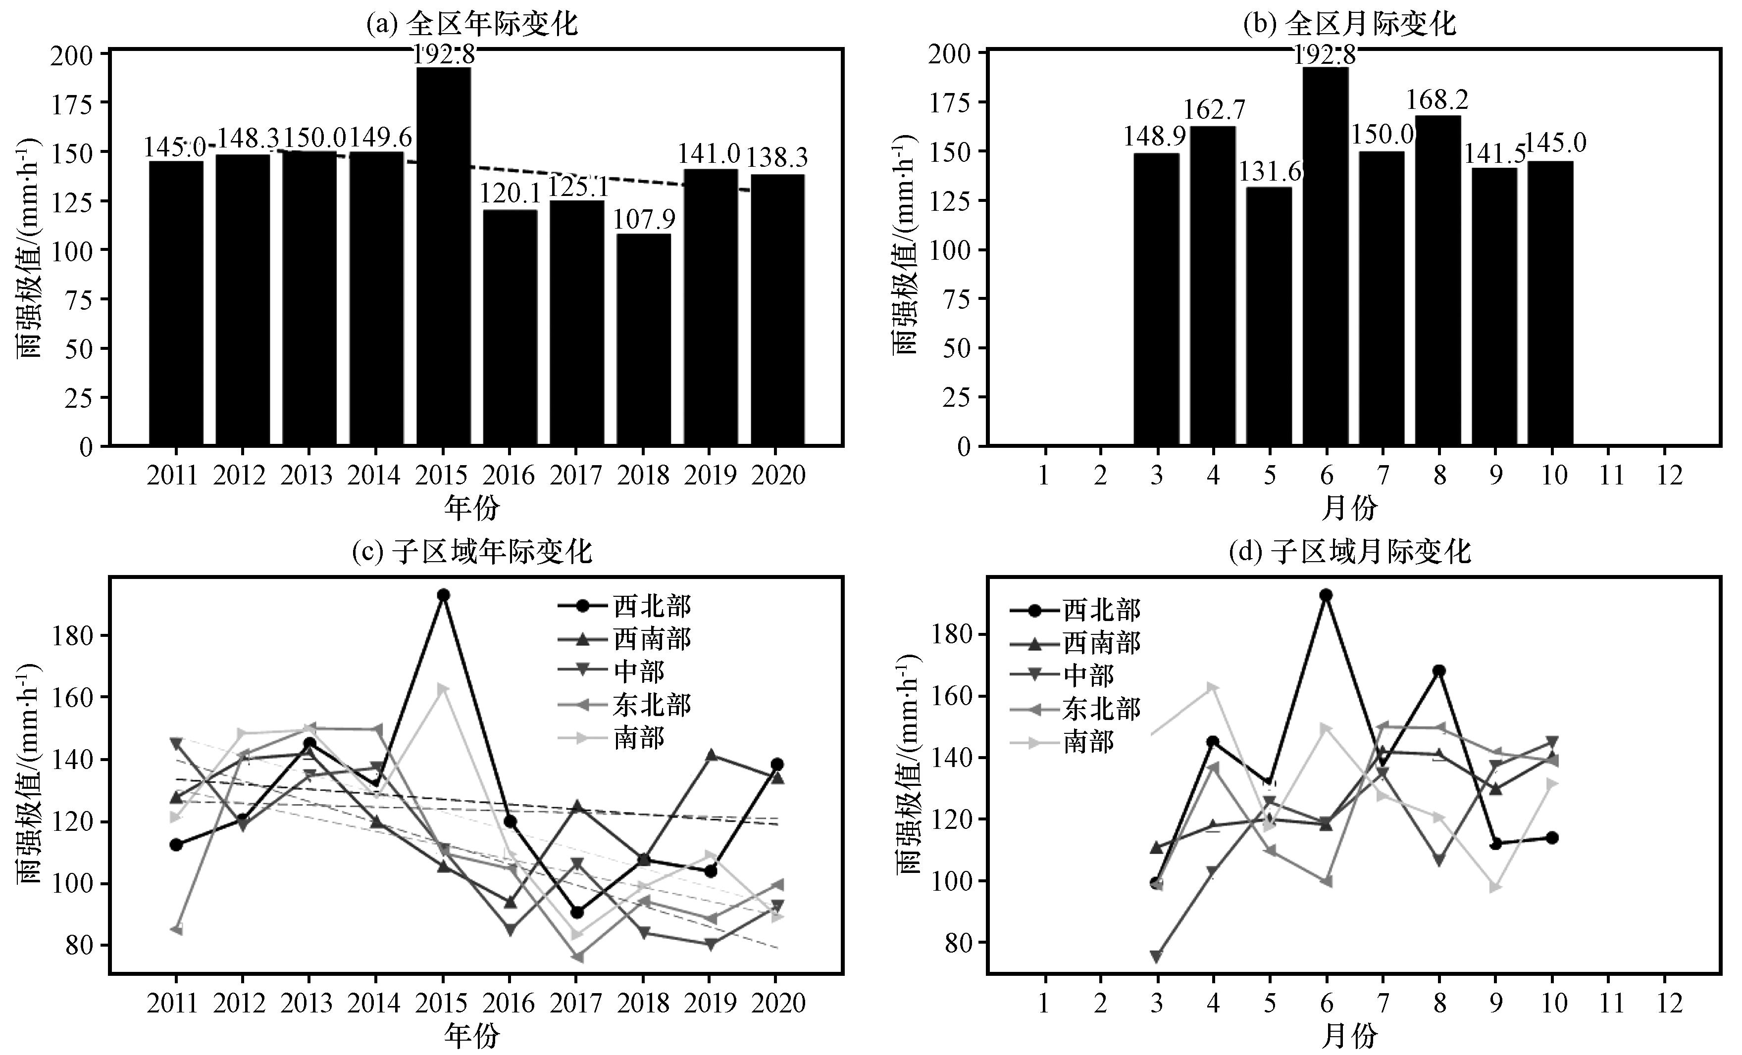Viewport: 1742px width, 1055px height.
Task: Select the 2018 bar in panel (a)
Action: (643, 339)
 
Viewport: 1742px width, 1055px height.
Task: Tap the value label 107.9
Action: (643, 220)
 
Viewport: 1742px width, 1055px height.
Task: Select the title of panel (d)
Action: (1350, 551)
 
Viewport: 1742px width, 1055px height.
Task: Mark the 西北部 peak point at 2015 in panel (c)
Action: (443, 595)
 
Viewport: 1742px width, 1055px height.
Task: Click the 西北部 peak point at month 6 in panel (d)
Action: (1326, 595)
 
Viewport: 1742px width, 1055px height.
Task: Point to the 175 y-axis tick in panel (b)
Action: (957, 102)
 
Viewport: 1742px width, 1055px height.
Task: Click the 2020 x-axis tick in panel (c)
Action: (778, 1004)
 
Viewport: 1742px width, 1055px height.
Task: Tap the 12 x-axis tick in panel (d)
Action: (1669, 1004)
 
